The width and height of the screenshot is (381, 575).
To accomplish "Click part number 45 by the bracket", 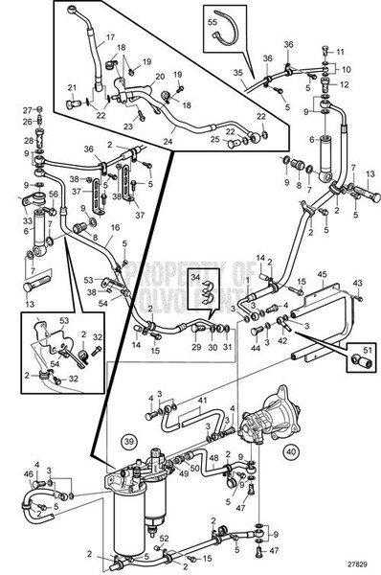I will [322, 274].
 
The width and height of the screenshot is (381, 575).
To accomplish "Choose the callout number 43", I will [357, 283].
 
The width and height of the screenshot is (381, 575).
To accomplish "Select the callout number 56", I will [55, 193].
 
